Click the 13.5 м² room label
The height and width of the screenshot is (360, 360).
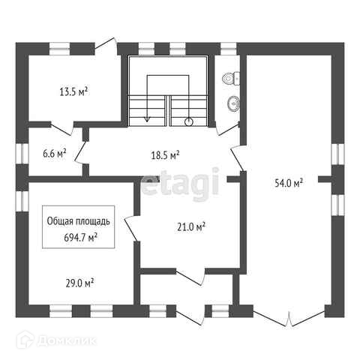coord(73,91)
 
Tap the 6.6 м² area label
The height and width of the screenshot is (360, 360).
coord(55,153)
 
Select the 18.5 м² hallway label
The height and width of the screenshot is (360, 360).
coord(165,155)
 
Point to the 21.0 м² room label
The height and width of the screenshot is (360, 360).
coord(191,227)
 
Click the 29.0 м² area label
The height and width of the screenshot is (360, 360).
coord(79,283)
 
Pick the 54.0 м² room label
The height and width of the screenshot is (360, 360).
coord(289,183)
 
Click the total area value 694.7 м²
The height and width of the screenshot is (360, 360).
coord(80,238)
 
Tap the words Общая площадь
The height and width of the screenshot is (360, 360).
coord(79,221)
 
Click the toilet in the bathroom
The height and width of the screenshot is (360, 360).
coord(231,78)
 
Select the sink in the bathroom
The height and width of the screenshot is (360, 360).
coord(234,103)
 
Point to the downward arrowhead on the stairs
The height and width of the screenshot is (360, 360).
coord(148,119)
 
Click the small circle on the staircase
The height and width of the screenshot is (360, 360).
coord(189,122)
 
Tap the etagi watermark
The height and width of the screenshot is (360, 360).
coord(180,182)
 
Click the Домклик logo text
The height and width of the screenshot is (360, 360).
coord(67,340)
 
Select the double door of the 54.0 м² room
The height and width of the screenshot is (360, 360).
coord(289,318)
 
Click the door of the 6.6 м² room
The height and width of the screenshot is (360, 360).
coord(80,153)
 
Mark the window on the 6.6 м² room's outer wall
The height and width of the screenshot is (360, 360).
coord(22,154)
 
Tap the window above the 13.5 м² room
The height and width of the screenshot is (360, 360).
coord(59,49)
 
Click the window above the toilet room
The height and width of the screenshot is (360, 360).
coord(228,49)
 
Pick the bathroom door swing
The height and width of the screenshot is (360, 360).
coord(228,129)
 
